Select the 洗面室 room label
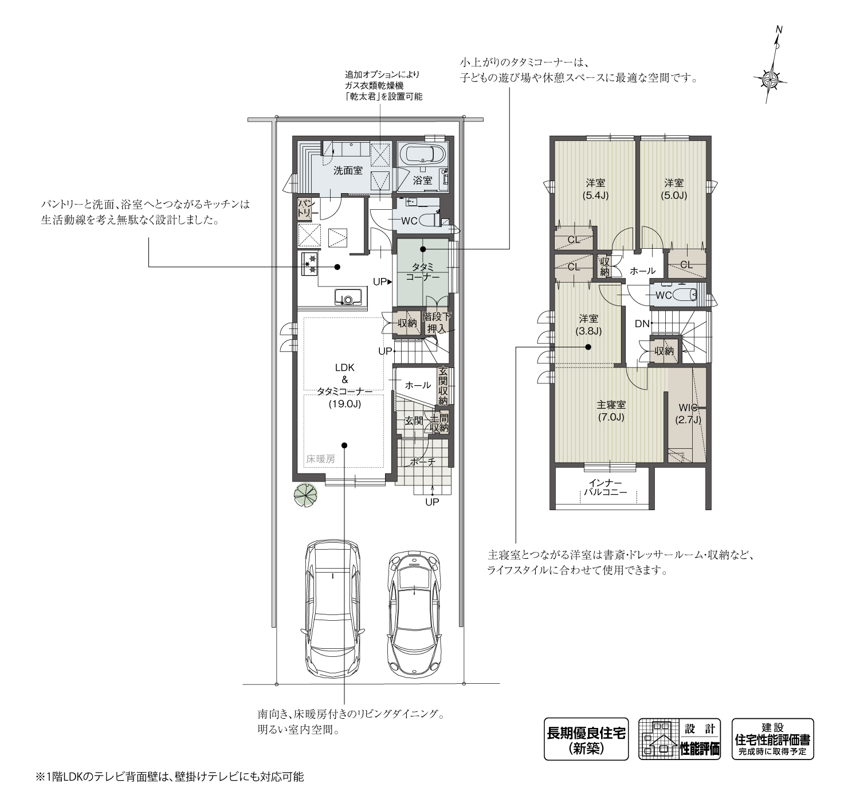pos(348,171)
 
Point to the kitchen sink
pos(348,297)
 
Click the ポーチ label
pos(423,461)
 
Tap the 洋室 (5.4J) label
pos(595,189)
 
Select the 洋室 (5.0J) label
pos(674,189)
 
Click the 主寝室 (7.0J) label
pos(610,410)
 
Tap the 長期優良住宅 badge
pos(586,739)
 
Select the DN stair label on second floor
pos(642,324)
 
